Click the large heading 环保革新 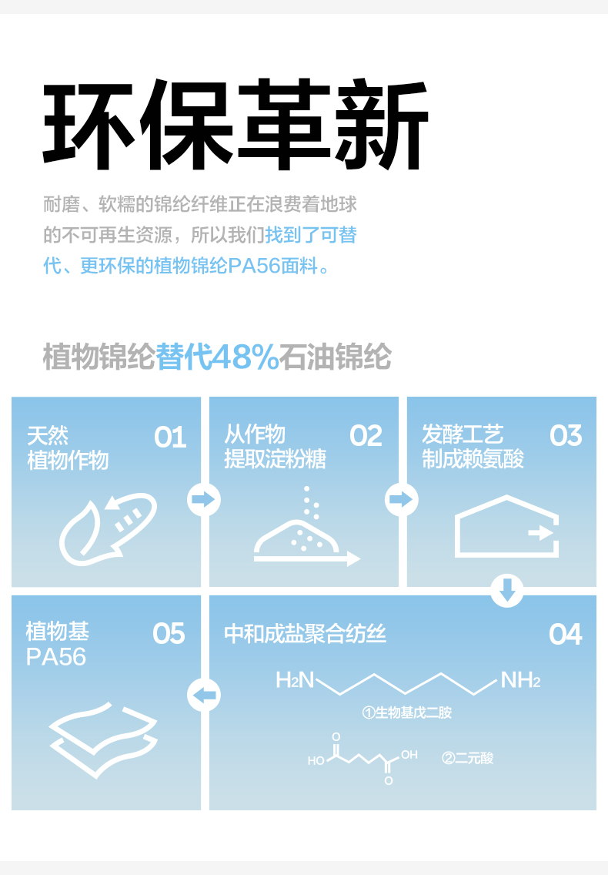coord(236,126)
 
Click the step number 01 coord(170,437)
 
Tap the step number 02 coord(366,436)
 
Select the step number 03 coord(566,436)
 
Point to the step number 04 coord(566,635)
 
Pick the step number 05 coord(169,634)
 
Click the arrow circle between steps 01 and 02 coord(204,500)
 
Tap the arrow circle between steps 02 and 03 coord(401,500)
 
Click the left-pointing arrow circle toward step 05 coord(204,696)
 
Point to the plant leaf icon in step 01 coord(108,528)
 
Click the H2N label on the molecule coord(296,680)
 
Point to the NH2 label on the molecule coord(521,680)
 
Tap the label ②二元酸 coord(468,758)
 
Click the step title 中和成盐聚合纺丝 coord(305,634)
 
